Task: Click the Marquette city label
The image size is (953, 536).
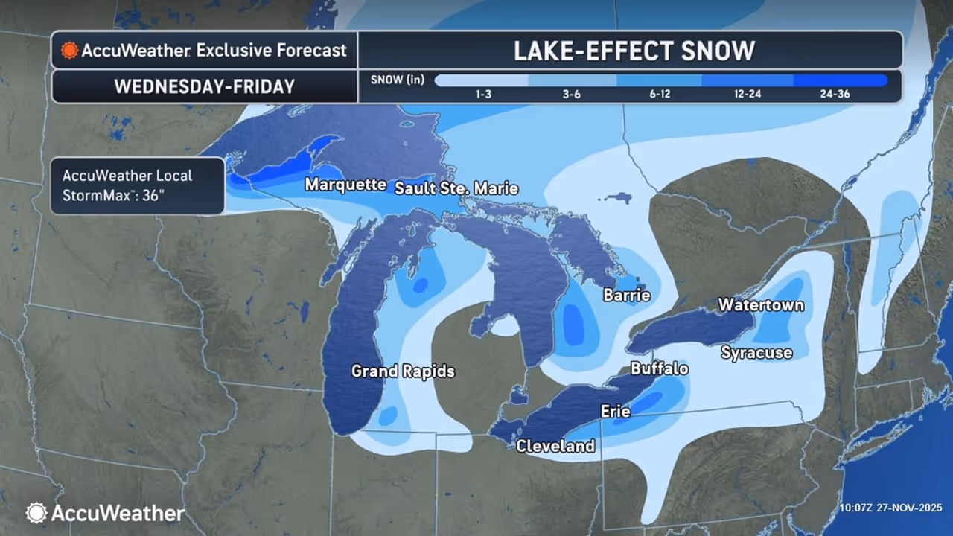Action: (345, 185)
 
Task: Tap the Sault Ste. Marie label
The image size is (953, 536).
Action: (456, 188)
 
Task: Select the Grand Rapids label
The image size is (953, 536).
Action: (403, 371)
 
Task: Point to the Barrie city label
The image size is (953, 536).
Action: (626, 296)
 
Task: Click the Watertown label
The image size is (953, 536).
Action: (761, 305)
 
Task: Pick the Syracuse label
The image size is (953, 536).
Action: (756, 352)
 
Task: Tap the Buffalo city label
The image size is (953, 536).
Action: (659, 368)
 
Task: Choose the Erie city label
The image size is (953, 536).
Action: (616, 411)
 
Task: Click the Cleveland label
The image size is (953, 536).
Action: (555, 446)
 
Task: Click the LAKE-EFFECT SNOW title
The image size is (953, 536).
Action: (633, 51)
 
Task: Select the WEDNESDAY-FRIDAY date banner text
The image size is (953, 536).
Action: (205, 86)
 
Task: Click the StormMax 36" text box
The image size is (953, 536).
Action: (137, 185)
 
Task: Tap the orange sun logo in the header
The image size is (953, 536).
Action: (70, 51)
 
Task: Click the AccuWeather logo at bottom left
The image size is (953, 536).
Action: (105, 513)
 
